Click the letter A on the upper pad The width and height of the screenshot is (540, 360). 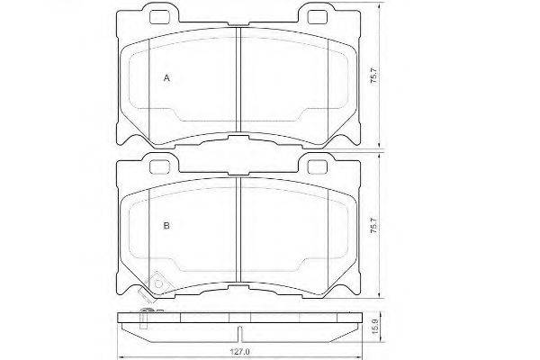[166, 78]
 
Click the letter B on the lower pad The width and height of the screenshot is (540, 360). [166, 226]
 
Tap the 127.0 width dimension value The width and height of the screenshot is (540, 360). [239, 352]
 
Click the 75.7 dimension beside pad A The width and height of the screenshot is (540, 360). [374, 76]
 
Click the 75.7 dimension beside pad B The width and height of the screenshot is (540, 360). [374, 226]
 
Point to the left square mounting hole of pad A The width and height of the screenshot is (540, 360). [160, 17]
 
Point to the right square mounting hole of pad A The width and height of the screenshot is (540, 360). [317, 17]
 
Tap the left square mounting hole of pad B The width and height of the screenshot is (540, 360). [160, 167]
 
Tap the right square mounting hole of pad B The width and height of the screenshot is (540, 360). [317, 167]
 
